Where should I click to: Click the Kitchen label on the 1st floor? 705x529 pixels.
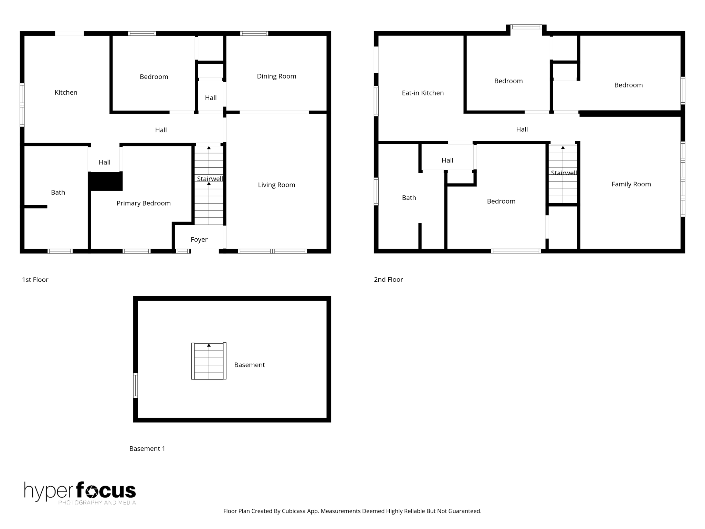click(x=66, y=92)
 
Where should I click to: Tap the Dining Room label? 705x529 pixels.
click(x=276, y=76)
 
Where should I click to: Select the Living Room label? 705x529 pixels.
click(x=276, y=185)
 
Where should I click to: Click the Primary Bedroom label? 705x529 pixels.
click(x=144, y=203)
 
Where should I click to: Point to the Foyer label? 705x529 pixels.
click(x=199, y=239)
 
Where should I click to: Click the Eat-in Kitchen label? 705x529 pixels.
click(x=423, y=93)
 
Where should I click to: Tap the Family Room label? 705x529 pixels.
click(x=631, y=184)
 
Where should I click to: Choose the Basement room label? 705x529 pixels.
click(x=249, y=365)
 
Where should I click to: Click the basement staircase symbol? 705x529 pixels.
click(x=209, y=361)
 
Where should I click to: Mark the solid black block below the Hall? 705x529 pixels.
click(x=105, y=181)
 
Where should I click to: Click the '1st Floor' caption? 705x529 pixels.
click(x=35, y=280)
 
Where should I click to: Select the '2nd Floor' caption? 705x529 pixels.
click(x=388, y=280)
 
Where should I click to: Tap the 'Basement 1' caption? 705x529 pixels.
click(x=147, y=448)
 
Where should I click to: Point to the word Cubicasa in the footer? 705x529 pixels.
click(x=295, y=511)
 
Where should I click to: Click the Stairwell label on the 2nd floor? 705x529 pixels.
click(x=564, y=173)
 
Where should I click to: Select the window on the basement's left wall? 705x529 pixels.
click(x=135, y=385)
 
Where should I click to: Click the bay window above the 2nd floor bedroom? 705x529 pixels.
click(x=526, y=27)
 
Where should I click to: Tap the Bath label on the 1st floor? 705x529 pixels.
click(x=58, y=193)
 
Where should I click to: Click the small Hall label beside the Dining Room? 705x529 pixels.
click(x=211, y=98)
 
